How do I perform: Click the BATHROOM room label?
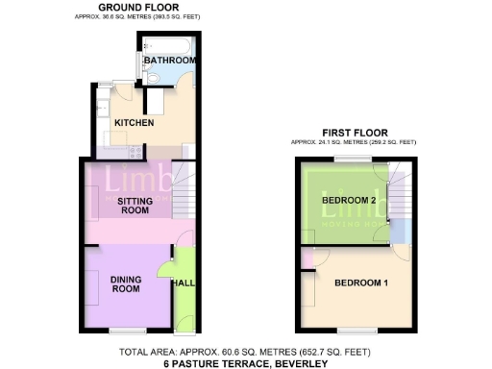pos(170,61)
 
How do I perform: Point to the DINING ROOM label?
pos(127,285)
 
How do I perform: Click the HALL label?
pos(183,283)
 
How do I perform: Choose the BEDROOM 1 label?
pos(360,283)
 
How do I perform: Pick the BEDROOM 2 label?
pos(349,200)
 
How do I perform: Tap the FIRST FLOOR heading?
pos(356,134)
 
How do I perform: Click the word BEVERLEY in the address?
pos(299,363)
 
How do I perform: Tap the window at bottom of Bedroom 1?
pos(360,331)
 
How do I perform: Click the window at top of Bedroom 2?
pos(347,159)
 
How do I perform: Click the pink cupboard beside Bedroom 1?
pos(307,258)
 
